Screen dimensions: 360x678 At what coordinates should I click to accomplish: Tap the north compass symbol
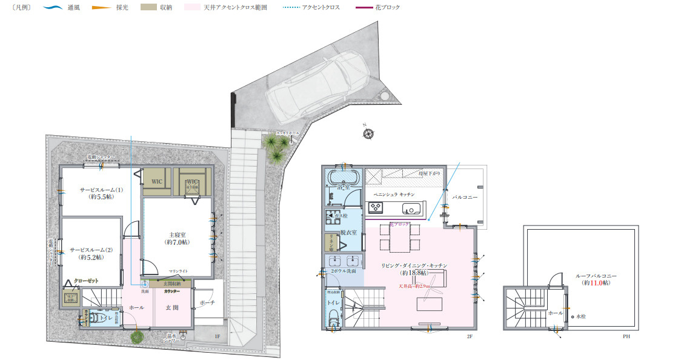pos(367,133)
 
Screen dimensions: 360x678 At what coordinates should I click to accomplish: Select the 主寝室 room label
pos(177,238)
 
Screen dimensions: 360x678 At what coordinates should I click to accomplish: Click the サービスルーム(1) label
pos(101,193)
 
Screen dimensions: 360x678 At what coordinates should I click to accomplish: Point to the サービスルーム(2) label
pos(91,253)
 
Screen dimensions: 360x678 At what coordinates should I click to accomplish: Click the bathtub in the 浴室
pos(344,177)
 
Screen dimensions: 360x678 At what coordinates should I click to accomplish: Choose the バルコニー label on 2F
pos(465,198)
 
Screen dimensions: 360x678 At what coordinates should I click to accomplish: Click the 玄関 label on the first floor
pos(171,307)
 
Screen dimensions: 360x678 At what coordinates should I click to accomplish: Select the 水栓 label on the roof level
pos(580,317)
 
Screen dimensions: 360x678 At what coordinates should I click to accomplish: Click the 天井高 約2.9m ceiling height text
pos(414,285)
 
